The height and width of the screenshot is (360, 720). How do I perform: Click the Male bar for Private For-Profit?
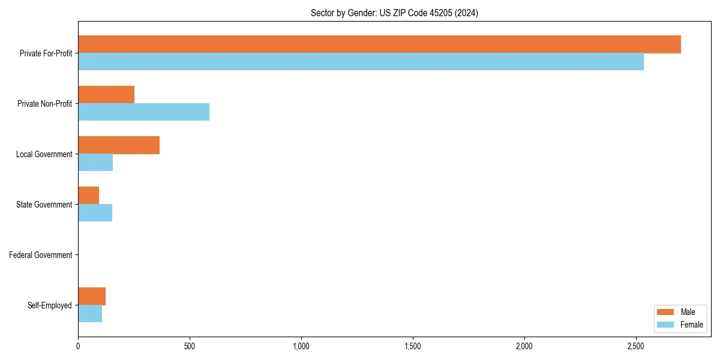point(379,44)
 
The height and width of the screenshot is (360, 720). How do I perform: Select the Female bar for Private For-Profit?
point(361,62)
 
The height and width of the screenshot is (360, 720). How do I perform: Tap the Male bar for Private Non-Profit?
point(106,95)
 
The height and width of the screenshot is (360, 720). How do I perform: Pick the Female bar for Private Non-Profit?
point(143,112)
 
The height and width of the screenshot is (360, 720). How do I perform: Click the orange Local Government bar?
point(119,145)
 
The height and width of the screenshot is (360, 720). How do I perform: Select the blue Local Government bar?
point(95,163)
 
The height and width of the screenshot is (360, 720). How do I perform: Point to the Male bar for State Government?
point(88,196)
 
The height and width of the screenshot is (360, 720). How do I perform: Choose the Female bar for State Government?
point(95,213)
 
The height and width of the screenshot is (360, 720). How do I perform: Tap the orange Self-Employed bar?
point(92,296)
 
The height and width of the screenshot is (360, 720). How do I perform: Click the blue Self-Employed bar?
point(90,314)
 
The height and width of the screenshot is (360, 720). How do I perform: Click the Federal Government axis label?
point(41,255)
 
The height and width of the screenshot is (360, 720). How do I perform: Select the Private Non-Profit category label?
point(44,104)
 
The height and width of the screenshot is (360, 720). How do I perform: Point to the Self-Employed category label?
point(50,305)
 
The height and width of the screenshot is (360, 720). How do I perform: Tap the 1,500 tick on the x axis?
point(413,346)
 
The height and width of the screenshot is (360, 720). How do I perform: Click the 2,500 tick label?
point(636,346)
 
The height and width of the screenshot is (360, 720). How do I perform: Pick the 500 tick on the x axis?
point(190,346)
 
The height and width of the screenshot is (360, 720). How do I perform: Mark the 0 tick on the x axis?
point(78,346)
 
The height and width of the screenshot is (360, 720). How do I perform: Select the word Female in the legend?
point(692,325)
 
